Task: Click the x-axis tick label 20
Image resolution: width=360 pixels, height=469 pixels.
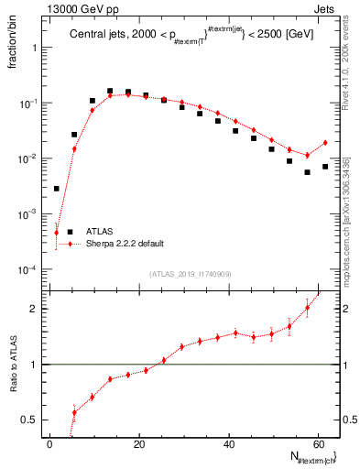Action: point(139,443)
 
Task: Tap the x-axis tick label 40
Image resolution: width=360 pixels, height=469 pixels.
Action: point(228,443)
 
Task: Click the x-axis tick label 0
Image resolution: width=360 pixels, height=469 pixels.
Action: point(50,443)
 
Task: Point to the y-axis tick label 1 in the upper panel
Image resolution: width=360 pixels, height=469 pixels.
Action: point(37,48)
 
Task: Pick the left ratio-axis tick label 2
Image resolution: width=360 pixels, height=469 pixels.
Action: point(36,309)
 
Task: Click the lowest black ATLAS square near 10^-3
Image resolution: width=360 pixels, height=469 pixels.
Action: point(57,189)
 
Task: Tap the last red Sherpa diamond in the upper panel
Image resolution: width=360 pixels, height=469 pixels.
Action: point(325,142)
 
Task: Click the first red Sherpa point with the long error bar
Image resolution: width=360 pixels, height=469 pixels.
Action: point(57,233)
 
